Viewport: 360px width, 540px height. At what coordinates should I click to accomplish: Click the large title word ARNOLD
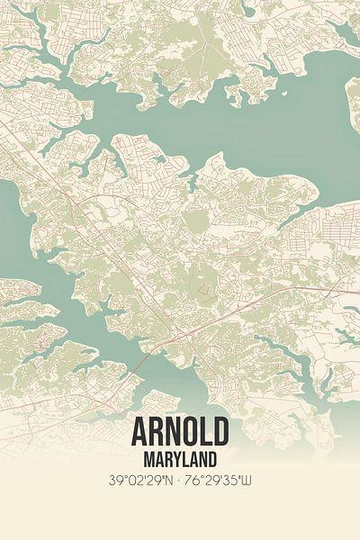point(180,433)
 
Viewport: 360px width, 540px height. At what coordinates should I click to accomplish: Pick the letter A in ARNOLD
point(140,433)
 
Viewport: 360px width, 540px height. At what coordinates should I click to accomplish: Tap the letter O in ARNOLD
point(189,433)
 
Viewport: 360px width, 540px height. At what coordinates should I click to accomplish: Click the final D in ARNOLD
point(220,433)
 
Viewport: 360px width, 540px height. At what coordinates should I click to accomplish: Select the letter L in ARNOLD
point(205,433)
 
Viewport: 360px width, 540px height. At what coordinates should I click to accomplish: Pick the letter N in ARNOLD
point(173,433)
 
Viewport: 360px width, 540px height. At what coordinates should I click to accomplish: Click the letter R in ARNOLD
point(157,433)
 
